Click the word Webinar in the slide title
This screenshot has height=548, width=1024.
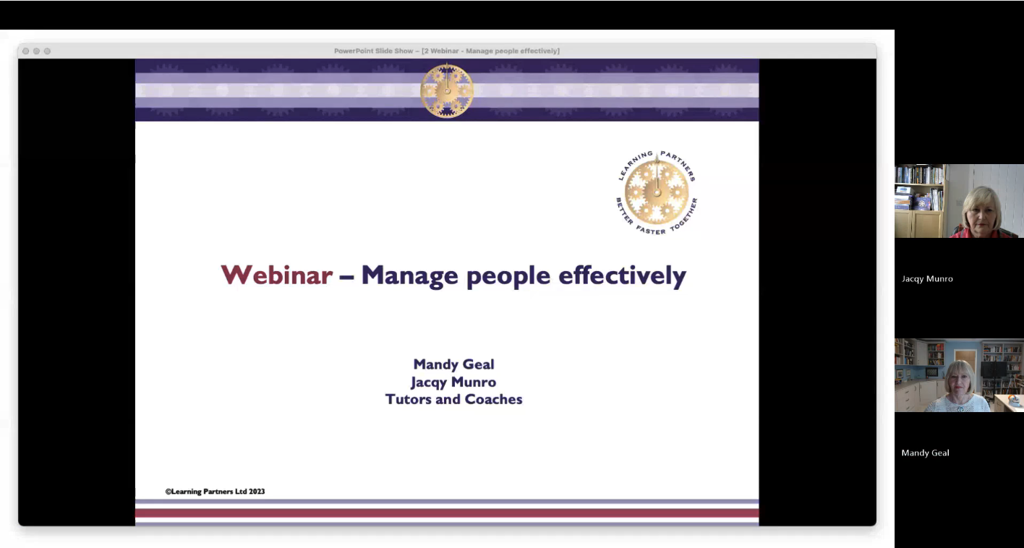(276, 275)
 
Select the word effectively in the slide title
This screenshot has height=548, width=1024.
(622, 275)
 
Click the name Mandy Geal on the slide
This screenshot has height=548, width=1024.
(453, 364)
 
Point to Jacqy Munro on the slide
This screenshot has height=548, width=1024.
(453, 382)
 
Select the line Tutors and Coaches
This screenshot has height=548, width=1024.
(453, 399)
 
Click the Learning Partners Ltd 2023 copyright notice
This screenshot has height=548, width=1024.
(216, 492)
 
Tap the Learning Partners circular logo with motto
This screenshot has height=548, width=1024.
(657, 192)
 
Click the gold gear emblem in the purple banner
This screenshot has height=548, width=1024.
(447, 90)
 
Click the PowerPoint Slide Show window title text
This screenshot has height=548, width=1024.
(447, 51)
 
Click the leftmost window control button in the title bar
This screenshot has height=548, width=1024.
(25, 51)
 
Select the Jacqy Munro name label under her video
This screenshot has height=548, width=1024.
(927, 279)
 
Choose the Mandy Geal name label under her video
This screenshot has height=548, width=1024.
(925, 453)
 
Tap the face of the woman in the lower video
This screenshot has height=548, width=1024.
(958, 383)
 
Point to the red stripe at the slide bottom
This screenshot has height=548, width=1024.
(447, 513)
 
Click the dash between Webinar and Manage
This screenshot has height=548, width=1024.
(346, 276)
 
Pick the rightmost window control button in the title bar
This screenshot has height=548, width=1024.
(47, 51)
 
